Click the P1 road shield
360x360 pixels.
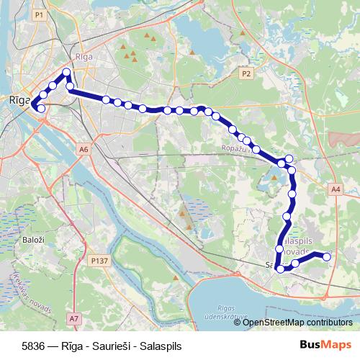click(39, 14)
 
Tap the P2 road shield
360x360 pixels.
click(246, 73)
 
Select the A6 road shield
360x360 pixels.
click(84, 149)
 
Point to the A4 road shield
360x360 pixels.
click(336, 189)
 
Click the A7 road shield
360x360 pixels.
click(74, 318)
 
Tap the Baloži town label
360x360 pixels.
click(33, 239)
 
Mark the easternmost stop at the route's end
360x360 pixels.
click(326, 257)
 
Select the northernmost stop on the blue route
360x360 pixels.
click(66, 72)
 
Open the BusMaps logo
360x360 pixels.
click(326, 346)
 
